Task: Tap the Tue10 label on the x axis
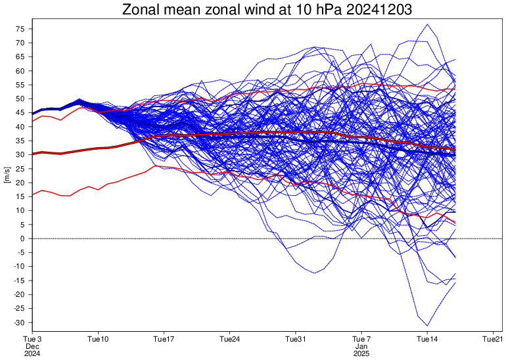pyautogui.click(x=98, y=339)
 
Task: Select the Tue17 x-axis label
pyautogui.click(x=164, y=339)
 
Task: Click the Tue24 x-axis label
pyautogui.click(x=229, y=339)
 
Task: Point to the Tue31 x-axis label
pyautogui.click(x=296, y=339)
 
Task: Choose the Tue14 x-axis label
pyautogui.click(x=427, y=339)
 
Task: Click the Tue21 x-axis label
pyautogui.click(x=493, y=339)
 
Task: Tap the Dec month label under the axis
pyautogui.click(x=32, y=346)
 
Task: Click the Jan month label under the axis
pyautogui.click(x=361, y=346)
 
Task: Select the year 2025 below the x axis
pyautogui.click(x=361, y=353)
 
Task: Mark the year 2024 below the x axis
pyautogui.click(x=32, y=353)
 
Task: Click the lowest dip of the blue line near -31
pyautogui.click(x=427, y=325)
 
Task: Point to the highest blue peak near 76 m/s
pyautogui.click(x=428, y=24)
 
